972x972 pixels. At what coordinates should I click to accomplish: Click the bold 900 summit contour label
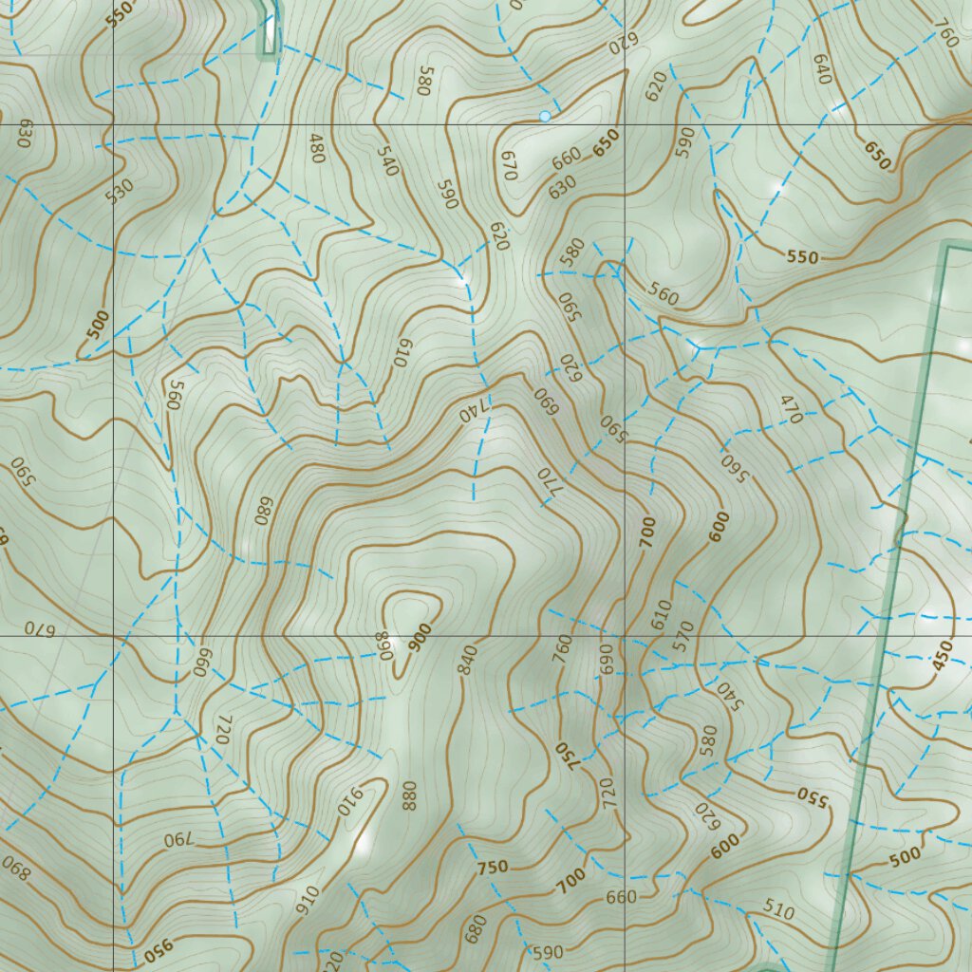pyautogui.click(x=420, y=635)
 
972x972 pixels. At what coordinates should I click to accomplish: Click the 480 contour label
pyautogui.click(x=317, y=148)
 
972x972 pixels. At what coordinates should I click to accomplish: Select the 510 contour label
pyautogui.click(x=778, y=912)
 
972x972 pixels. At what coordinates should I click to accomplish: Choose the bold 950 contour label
pyautogui.click(x=161, y=949)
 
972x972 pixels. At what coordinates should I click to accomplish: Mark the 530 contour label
pyautogui.click(x=120, y=191)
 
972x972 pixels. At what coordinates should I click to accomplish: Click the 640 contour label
pyautogui.click(x=822, y=67)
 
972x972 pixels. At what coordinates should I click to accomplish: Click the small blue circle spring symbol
pyautogui.click(x=545, y=116)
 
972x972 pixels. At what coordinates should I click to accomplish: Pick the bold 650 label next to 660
pyautogui.click(x=606, y=142)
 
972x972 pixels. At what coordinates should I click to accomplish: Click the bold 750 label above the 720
pyautogui.click(x=565, y=755)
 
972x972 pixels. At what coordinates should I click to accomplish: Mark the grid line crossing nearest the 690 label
pyautogui.click(x=625, y=635)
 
